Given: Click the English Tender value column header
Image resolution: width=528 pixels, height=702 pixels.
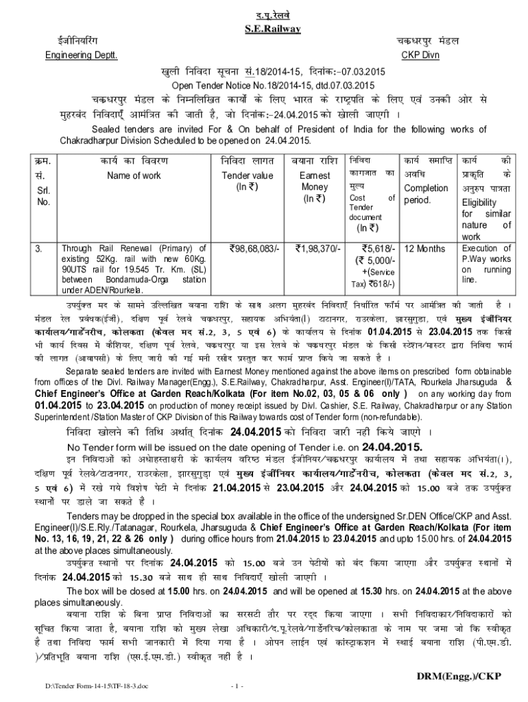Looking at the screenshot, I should [x=247, y=175].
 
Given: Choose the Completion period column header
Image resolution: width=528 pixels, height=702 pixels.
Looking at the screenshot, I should [x=426, y=194].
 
